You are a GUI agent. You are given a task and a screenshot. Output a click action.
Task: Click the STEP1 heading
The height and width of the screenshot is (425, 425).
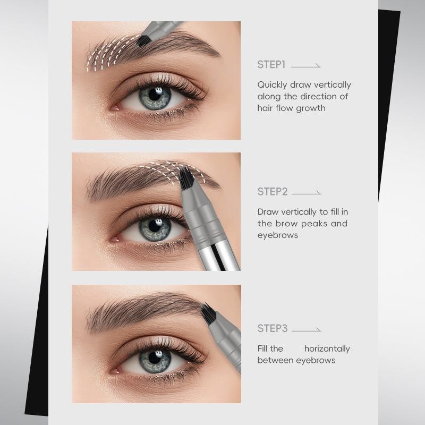pyautogui.click(x=271, y=65)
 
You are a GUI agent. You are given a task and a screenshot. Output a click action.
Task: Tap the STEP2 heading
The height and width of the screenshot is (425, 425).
pyautogui.click(x=273, y=192)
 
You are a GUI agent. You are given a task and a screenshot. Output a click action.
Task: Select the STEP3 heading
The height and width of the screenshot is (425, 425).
pyautogui.click(x=273, y=328)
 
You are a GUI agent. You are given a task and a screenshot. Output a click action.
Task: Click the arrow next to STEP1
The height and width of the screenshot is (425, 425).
pyautogui.click(x=306, y=66)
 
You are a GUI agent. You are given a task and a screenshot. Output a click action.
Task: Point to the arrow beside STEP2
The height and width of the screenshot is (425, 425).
pyautogui.click(x=307, y=193)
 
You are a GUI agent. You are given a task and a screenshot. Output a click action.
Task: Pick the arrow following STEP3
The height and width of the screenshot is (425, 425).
pyautogui.click(x=307, y=330)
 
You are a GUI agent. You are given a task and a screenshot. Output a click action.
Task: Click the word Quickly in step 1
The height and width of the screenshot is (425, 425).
pyautogui.click(x=272, y=85)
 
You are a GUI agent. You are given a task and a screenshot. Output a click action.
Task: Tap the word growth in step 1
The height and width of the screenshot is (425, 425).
pyautogui.click(x=311, y=108)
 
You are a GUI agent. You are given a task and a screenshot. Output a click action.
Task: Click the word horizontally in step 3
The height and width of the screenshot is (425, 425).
pyautogui.click(x=327, y=349)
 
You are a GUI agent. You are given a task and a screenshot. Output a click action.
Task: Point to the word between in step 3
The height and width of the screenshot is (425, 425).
pyautogui.click(x=275, y=360)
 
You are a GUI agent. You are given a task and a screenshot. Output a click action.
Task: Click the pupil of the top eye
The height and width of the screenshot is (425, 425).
pyautogui.click(x=155, y=95)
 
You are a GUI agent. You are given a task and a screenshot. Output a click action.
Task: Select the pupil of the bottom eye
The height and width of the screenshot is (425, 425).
pyautogui.click(x=155, y=358)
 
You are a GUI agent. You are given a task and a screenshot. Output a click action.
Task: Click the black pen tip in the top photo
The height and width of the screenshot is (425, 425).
pyautogui.click(x=143, y=41)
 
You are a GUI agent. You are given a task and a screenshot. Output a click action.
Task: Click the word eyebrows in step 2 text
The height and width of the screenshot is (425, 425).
pyautogui.click(x=277, y=235)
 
